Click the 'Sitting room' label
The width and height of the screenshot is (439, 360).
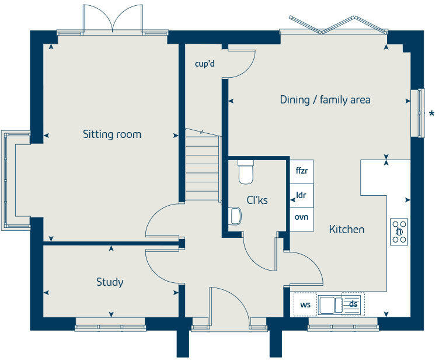(112, 134)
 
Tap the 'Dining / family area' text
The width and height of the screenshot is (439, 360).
(325, 100)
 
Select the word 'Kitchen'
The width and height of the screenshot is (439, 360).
(347, 230)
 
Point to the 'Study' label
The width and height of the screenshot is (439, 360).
(110, 282)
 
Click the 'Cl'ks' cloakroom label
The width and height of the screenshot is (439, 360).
(257, 200)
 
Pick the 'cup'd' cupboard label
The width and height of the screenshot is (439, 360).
(205, 64)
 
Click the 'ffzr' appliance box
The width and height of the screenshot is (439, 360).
(302, 171)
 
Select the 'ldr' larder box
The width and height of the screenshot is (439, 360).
(302, 195)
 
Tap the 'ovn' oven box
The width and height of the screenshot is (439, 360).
(302, 217)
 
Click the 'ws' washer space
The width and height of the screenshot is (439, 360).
(305, 304)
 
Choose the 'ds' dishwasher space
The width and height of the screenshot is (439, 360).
(353, 304)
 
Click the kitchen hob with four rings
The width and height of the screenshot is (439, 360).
(399, 231)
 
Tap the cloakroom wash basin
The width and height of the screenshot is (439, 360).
(236, 216)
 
